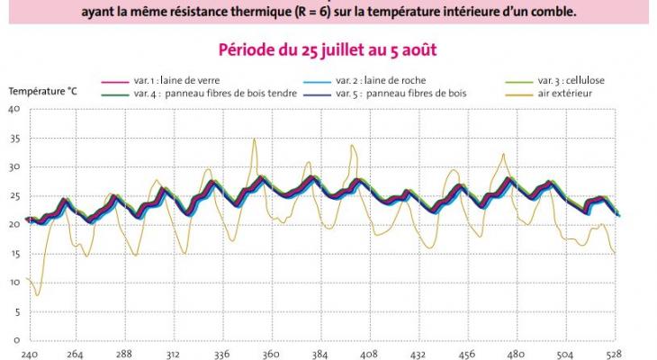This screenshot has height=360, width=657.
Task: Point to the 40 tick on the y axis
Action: click(x=13, y=110)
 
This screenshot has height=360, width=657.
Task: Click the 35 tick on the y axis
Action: click(x=13, y=139)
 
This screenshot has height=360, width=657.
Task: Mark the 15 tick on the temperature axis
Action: click(x=13, y=254)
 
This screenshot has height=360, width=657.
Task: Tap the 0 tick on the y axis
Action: click(x=16, y=340)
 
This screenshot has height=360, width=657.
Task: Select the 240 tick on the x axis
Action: click(x=29, y=354)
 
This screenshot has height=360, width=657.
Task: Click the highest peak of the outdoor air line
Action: click(x=255, y=139)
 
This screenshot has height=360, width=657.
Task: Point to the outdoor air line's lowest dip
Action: click(x=37, y=295)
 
